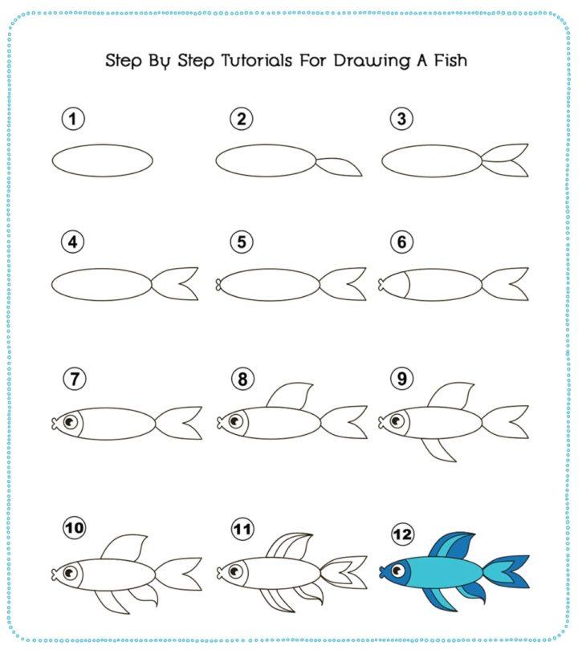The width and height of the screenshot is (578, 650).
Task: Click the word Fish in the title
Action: (x=447, y=61)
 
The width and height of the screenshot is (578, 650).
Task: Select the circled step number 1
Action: (x=73, y=120)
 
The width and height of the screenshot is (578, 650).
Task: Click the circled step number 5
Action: (x=240, y=242)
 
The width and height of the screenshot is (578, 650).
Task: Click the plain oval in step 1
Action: (x=103, y=160)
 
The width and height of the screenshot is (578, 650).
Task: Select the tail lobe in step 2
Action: (x=338, y=166)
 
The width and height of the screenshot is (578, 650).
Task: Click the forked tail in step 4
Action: (x=177, y=284)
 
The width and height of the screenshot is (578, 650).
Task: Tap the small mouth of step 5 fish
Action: (x=218, y=283)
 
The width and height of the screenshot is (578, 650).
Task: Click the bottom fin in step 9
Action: (x=440, y=450)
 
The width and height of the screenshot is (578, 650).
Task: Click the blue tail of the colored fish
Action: (x=506, y=571)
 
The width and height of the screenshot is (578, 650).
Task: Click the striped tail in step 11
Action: (x=344, y=572)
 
